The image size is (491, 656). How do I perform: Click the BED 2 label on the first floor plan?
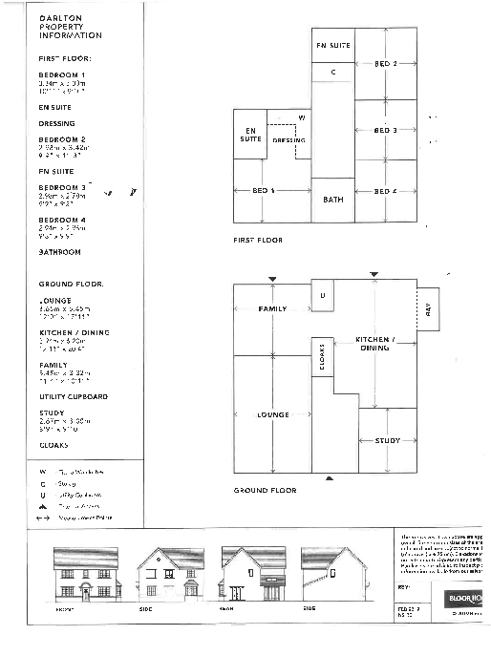coord(385,63)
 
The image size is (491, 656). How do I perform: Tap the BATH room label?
coord(332,200)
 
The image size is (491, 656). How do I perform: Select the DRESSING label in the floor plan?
coord(288,140)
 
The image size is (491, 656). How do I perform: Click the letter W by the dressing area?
coord(301,117)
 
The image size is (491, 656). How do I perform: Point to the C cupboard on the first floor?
coord(332,73)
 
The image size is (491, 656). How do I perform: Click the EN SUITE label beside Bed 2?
coord(333,45)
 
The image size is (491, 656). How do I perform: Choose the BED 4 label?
coord(385,191)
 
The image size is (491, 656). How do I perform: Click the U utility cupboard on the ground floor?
coord(323,294)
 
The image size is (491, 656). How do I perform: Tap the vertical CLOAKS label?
coord(322,358)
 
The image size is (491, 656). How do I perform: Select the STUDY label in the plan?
coord(387,440)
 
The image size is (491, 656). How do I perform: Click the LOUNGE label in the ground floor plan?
coord(272,415)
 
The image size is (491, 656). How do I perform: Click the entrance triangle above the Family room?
coord(272,279)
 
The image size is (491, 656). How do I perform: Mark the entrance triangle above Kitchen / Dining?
coord(374,275)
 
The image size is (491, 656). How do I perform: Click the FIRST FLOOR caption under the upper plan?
coord(258,240)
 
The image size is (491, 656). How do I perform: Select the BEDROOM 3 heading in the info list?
coord(62,187)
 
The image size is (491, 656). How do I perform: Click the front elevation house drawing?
coord(86,573)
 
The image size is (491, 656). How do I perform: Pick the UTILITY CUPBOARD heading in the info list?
coord(73,395)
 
